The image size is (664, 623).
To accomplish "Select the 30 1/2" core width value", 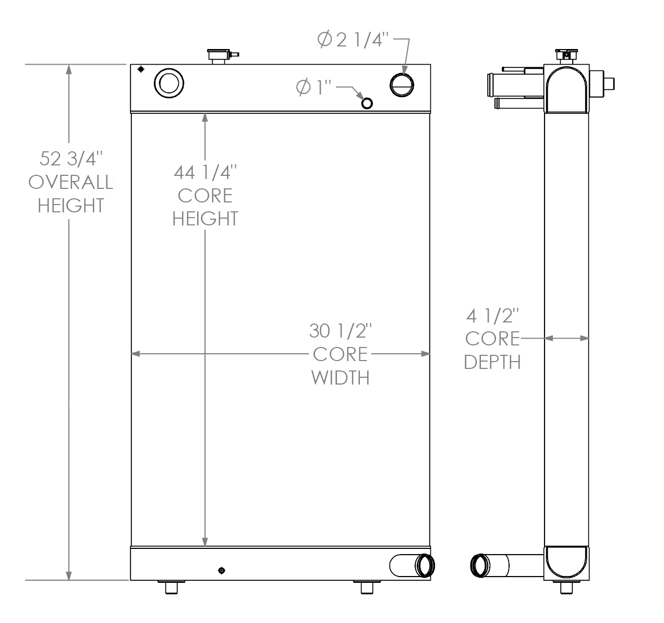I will [x=340, y=331].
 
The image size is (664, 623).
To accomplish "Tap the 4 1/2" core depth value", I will [x=492, y=316].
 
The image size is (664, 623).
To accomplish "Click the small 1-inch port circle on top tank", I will [x=367, y=103].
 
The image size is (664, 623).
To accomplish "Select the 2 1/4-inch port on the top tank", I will [x=403, y=85].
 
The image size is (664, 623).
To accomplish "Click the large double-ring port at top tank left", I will [x=169, y=82].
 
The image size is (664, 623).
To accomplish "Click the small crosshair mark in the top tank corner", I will [x=140, y=69].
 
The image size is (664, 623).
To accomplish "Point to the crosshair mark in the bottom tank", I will [x=222, y=570].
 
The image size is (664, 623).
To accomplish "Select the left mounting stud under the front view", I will [x=172, y=588].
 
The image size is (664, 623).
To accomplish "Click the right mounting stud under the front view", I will [x=367, y=588].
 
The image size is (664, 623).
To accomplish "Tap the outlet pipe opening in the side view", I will [x=480, y=566].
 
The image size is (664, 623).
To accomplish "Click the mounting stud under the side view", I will [x=566, y=588].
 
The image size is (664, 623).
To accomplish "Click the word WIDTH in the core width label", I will [x=340, y=377].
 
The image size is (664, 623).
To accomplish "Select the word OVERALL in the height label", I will [x=70, y=182].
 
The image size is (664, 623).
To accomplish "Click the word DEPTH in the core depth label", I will [x=492, y=362].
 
